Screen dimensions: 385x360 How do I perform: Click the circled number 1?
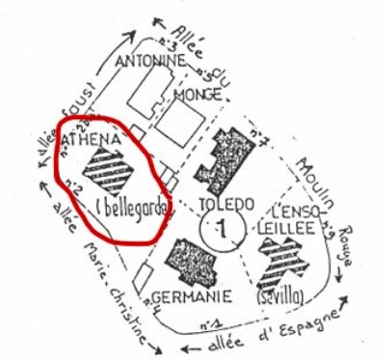pyautogui.click(x=220, y=230)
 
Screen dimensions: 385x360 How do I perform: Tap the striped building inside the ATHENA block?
pyautogui.click(x=107, y=170)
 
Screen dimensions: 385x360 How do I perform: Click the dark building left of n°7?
pyautogui.click(x=227, y=157)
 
